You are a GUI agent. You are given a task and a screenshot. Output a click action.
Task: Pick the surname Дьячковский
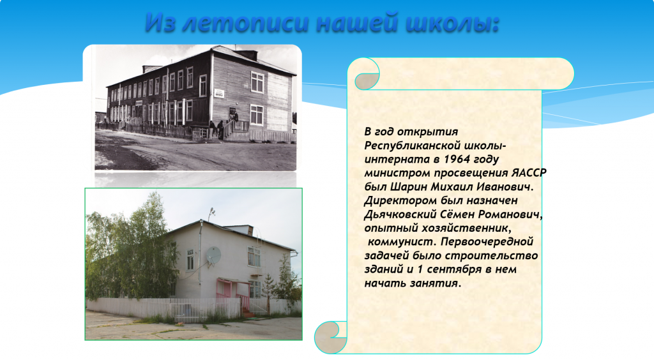pyautogui.click(x=400, y=214)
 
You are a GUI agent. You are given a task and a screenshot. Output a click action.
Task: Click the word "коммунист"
pyautogui.click(x=402, y=242)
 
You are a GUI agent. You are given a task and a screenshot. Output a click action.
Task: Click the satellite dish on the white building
pyautogui.click(x=213, y=255)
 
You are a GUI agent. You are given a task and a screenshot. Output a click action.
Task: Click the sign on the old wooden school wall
pyautogui.click(x=219, y=93)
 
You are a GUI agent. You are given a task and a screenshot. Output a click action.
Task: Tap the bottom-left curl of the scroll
pyautogui.click(x=331, y=336)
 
